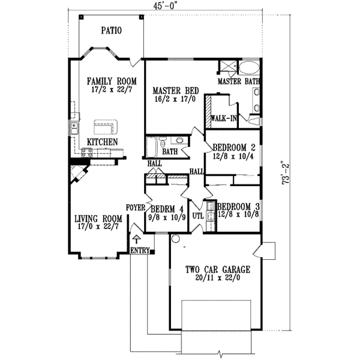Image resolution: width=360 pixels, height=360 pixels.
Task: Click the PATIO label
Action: point(112,31)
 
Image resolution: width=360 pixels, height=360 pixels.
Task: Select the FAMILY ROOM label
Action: point(112,81)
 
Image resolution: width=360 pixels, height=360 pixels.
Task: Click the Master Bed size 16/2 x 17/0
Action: point(176,100)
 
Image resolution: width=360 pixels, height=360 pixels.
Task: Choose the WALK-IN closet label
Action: point(224,118)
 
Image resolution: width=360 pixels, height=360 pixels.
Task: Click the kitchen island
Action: point(106,127)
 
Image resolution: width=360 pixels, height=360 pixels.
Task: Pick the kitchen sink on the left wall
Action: point(74,128)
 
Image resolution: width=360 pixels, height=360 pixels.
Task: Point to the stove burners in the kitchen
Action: point(86,152)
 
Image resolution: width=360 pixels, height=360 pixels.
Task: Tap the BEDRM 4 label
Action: point(167,209)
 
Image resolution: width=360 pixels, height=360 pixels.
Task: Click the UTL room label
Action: point(198,215)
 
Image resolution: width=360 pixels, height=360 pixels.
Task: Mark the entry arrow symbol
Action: point(137,239)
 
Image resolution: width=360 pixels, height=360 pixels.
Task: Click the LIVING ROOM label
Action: point(98,218)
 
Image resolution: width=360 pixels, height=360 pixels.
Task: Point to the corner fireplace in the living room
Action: point(79,174)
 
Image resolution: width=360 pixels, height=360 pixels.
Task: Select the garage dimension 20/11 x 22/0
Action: point(218,278)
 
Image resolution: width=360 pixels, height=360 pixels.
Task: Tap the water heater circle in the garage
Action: point(176,239)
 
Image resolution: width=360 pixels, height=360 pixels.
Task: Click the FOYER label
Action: point(136,208)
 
